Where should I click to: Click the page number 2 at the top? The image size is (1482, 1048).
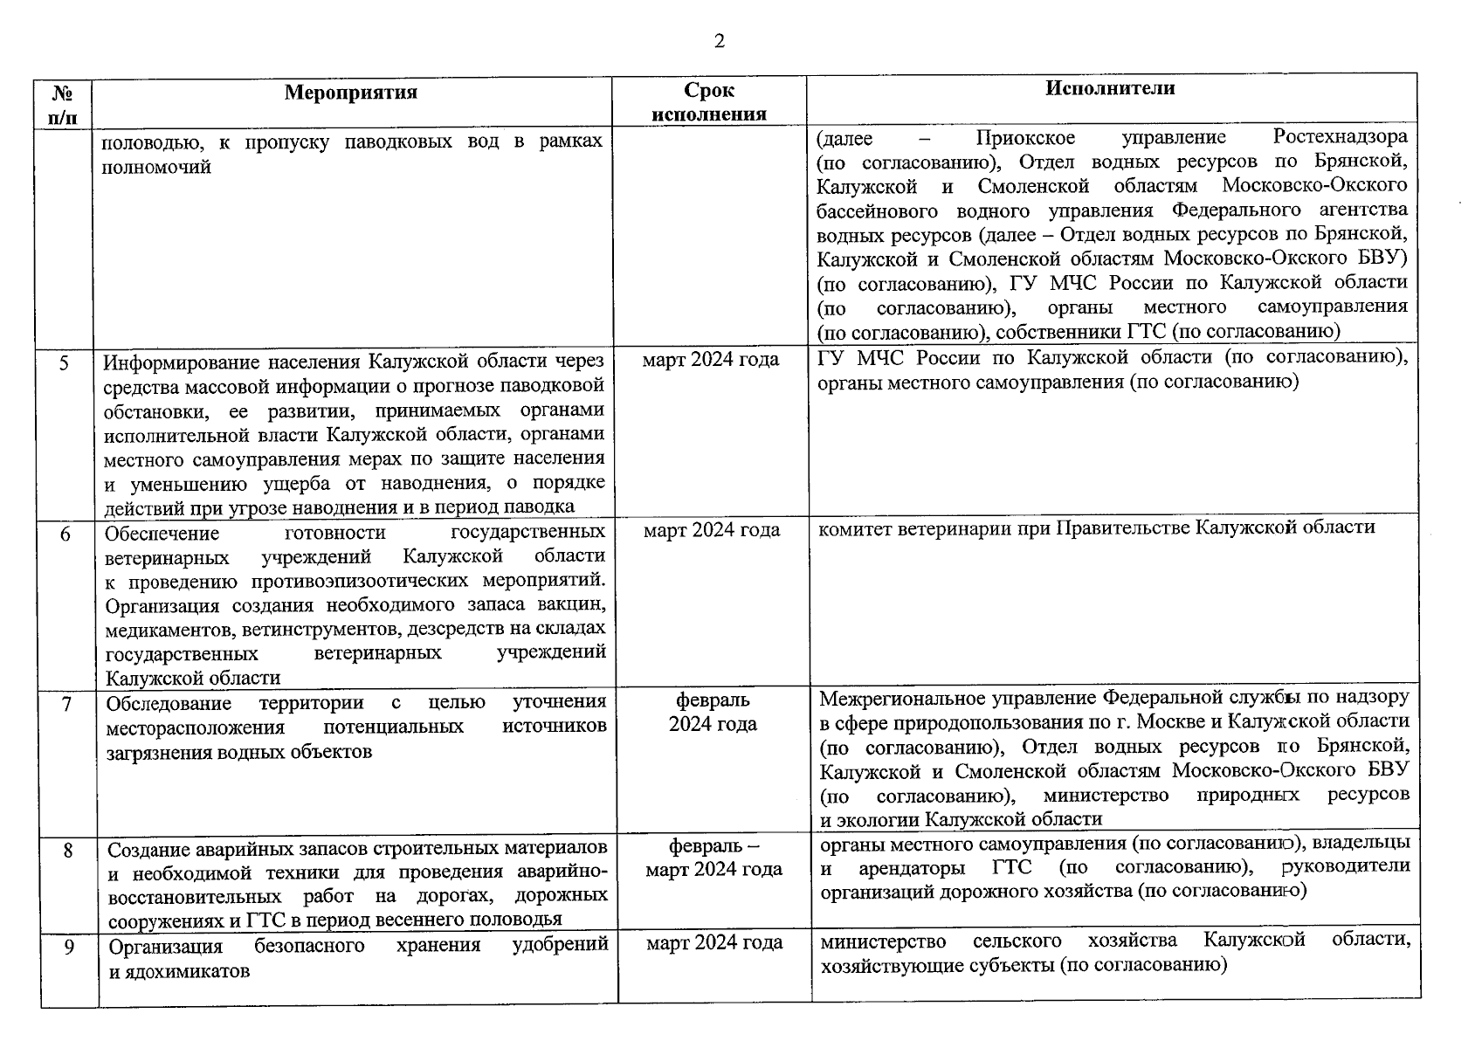point(719,42)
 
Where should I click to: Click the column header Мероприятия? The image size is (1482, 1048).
point(351,93)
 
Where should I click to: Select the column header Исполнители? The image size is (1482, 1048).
point(1110,88)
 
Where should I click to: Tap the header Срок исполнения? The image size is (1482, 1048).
point(709,102)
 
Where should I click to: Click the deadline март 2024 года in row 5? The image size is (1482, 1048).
point(711,359)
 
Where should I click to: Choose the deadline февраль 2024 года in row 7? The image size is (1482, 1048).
point(713,712)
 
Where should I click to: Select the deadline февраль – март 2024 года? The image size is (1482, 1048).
point(713,858)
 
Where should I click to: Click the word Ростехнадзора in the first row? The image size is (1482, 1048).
point(1340,137)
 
